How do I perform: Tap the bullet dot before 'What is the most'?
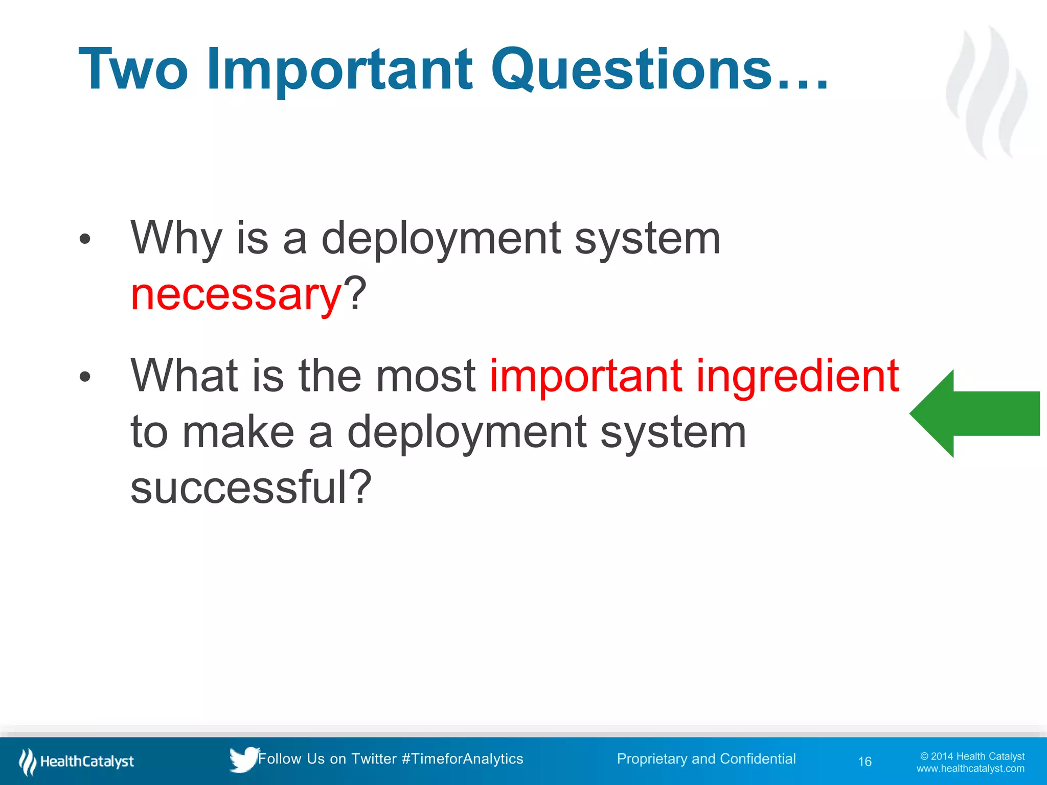[x=85, y=377]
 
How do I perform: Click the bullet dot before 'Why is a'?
[x=85, y=239]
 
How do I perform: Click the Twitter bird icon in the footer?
[x=243, y=759]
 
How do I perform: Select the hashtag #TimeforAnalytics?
[x=462, y=758]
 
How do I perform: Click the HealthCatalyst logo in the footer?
[x=77, y=761]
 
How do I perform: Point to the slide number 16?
[x=864, y=761]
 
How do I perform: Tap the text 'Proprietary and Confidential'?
[x=706, y=758]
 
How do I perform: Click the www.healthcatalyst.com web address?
[x=970, y=769]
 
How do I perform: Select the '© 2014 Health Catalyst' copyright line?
[x=972, y=756]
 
